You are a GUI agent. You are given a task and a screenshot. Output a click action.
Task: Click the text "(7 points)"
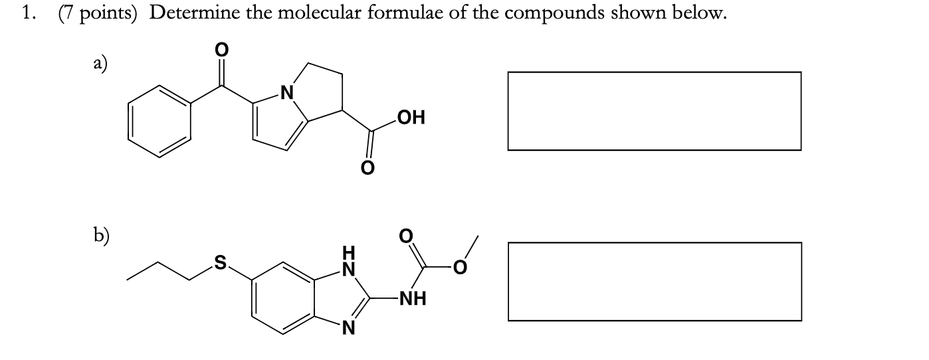[97, 15]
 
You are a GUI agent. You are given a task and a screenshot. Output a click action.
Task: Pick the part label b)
[101, 234]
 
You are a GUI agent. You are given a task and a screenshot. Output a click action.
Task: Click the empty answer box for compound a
[654, 111]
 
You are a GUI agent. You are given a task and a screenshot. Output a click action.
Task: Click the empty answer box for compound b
[654, 281]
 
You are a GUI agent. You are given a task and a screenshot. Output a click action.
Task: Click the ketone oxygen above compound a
[222, 50]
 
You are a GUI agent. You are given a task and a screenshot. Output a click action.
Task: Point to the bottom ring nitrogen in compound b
[346, 327]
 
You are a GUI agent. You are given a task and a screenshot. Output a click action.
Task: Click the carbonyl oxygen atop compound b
[405, 235]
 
